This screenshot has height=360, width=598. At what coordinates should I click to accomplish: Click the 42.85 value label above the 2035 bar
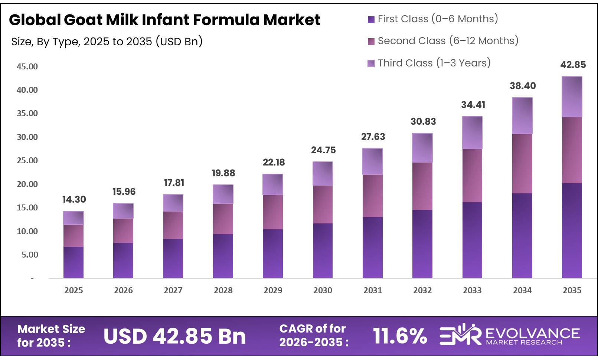573,65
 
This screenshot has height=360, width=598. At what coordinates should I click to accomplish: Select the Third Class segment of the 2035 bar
572,97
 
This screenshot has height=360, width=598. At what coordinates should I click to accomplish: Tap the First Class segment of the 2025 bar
73,262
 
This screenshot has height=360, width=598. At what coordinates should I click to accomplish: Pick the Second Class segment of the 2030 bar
323,204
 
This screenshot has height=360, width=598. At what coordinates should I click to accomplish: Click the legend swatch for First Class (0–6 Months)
371,20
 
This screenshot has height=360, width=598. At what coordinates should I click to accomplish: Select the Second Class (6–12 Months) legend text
448,41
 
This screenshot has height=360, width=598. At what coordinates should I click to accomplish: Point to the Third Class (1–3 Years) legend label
434,63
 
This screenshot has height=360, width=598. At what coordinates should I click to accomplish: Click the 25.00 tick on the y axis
27,161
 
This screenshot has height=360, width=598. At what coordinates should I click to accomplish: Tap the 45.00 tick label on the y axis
27,67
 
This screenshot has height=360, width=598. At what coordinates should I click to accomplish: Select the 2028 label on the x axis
223,291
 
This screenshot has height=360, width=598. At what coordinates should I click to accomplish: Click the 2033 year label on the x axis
472,291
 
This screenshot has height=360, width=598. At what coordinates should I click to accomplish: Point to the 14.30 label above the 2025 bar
74,200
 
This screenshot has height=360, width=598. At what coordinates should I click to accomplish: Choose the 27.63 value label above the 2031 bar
373,137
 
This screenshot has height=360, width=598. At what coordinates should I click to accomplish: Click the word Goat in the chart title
83,20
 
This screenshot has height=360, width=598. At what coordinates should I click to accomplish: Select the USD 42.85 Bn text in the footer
174,336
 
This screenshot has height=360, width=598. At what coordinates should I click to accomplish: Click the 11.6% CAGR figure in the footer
400,336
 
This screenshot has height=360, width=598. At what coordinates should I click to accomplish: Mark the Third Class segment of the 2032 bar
422,148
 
